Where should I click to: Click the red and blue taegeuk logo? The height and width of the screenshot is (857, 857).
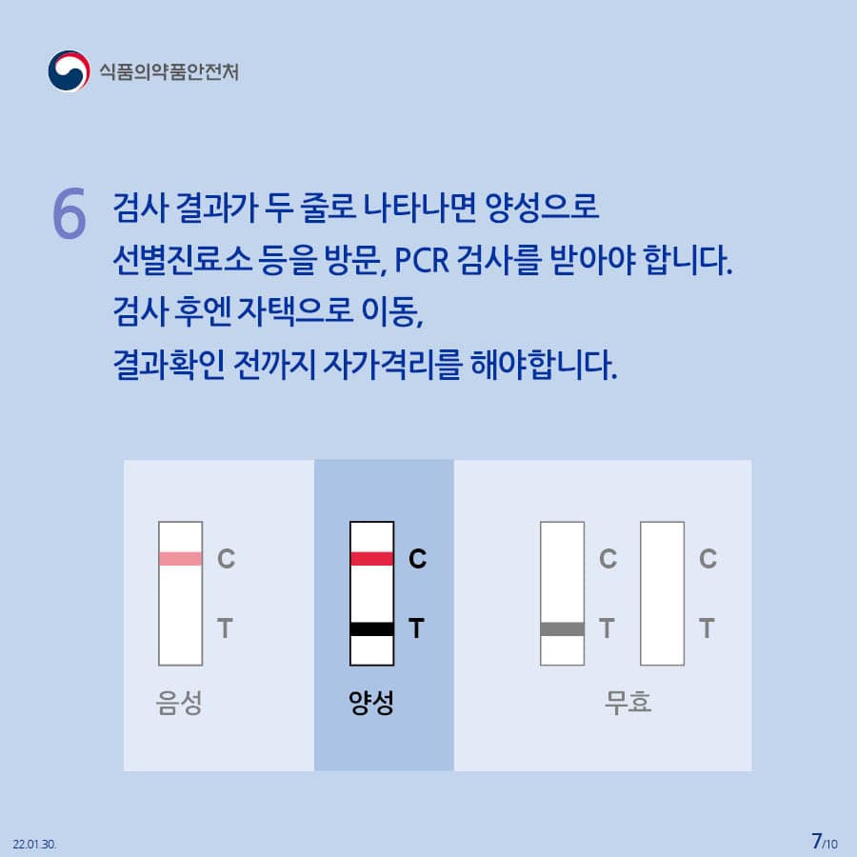tap(69, 71)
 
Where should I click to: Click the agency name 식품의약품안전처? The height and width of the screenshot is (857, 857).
tap(169, 71)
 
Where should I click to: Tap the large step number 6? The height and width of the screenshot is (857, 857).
tap(70, 213)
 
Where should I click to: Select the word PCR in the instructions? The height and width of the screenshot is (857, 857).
tap(422, 260)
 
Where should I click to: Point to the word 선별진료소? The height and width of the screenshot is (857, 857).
tap(182, 260)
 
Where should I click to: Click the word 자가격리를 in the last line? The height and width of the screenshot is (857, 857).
tap(392, 365)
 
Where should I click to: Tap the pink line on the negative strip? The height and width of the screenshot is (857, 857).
tap(180, 559)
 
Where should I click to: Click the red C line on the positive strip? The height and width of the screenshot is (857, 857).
tap(371, 559)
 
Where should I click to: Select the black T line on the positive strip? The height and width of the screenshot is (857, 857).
tap(371, 629)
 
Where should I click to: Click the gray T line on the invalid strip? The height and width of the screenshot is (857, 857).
tap(562, 629)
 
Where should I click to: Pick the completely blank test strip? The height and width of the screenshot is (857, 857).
tap(662, 593)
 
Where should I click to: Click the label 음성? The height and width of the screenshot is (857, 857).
tap(179, 703)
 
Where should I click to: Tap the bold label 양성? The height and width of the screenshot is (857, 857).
tap(371, 703)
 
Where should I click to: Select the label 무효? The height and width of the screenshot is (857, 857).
tap(628, 703)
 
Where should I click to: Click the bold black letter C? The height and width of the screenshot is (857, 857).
tap(418, 559)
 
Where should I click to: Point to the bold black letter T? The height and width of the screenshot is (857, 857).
tap(416, 628)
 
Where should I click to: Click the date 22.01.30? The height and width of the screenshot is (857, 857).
tap(34, 844)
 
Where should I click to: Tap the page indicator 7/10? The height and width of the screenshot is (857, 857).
tap(825, 842)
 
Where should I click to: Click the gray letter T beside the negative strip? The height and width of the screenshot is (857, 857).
tap(225, 628)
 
